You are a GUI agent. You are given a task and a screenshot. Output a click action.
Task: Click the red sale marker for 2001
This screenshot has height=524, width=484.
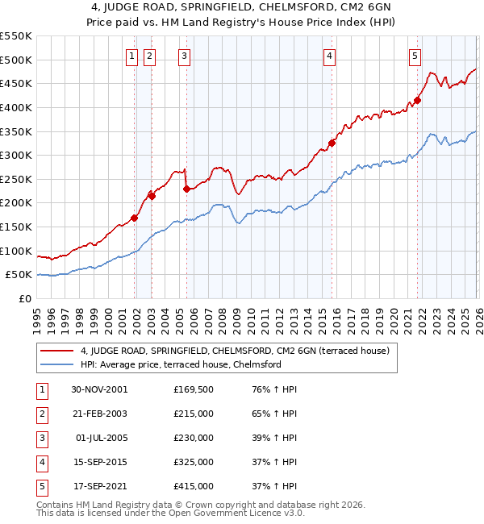coord(135,218)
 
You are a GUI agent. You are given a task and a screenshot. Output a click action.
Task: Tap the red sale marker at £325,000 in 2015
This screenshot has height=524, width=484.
coord(332,143)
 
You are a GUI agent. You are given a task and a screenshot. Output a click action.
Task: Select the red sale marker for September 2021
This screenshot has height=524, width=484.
coord(417,101)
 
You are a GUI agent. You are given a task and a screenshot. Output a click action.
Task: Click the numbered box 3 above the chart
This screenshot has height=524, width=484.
coord(185,56)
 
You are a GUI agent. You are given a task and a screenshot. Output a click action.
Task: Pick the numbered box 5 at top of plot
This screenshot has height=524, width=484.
coord(415,56)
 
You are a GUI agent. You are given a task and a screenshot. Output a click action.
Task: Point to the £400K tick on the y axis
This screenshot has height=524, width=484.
coord(16,107)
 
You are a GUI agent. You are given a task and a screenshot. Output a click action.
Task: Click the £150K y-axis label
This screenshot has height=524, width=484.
coord(16,227)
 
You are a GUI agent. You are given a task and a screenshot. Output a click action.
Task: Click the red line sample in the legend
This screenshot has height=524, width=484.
coord(57,351)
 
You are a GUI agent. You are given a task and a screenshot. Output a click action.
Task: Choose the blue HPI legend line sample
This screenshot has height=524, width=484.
coord(57,364)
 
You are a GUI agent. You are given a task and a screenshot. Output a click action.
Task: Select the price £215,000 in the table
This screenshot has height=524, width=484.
coord(194,414)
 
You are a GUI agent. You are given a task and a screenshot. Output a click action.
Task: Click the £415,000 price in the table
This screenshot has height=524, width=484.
coord(194,486)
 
